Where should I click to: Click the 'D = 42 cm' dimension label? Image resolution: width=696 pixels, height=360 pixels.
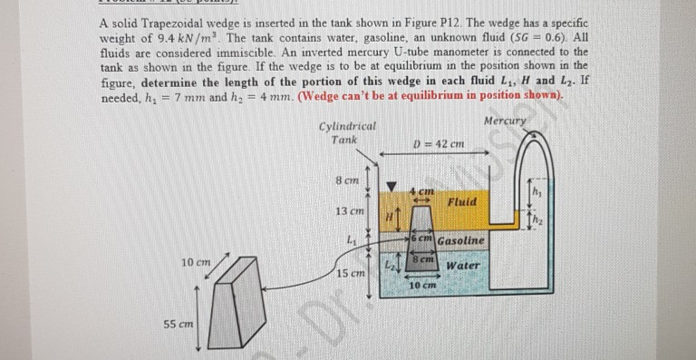click(439, 143)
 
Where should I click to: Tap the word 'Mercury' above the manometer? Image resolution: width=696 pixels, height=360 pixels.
click(503, 121)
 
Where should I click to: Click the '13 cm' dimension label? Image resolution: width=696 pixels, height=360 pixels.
click(348, 211)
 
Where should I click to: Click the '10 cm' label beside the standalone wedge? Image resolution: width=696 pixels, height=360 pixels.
click(197, 263)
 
